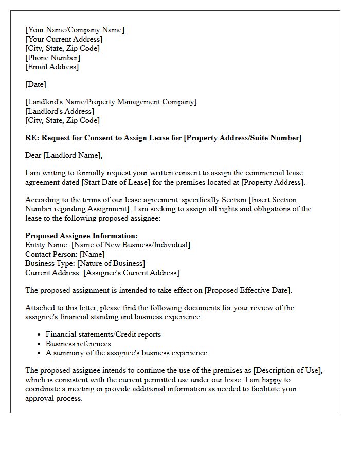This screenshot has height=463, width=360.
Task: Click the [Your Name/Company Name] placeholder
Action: (x=75, y=30)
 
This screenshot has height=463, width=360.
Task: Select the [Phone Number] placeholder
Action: (x=52, y=58)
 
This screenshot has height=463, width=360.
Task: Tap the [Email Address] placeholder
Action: (x=52, y=67)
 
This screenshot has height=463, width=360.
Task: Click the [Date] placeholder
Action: (x=35, y=84)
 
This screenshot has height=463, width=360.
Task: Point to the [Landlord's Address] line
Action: (x=60, y=111)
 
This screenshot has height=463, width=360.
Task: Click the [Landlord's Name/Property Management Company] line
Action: (x=111, y=102)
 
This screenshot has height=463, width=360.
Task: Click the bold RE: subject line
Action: (x=164, y=138)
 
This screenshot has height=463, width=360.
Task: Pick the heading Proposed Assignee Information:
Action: (x=81, y=236)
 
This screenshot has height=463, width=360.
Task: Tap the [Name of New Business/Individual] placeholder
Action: (x=131, y=245)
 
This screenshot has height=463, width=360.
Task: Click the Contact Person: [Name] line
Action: (x=65, y=254)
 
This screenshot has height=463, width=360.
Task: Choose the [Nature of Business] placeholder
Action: (x=108, y=263)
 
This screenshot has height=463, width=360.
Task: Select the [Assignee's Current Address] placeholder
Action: (x=131, y=273)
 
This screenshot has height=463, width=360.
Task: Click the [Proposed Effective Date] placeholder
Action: (x=248, y=290)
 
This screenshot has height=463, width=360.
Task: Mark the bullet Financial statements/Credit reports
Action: (x=103, y=334)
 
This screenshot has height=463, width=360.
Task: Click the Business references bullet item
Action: (x=78, y=344)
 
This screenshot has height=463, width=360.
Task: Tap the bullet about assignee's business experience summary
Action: (x=127, y=353)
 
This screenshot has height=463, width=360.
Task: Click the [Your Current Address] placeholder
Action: (x=64, y=39)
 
